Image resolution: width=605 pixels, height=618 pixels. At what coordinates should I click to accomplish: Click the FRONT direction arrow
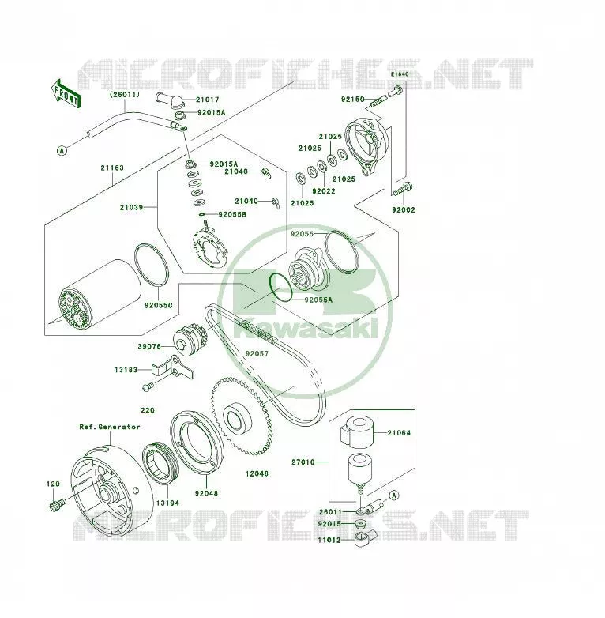(x=66, y=94)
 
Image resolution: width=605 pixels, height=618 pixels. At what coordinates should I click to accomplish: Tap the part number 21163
(x=112, y=168)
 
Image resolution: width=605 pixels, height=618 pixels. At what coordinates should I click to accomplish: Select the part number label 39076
(x=149, y=347)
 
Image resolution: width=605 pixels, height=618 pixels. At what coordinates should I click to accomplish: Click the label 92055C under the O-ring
(x=158, y=306)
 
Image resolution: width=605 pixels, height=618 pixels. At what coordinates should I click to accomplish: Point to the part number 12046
(x=257, y=473)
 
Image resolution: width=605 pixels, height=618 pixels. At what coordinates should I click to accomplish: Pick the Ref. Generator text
(x=110, y=427)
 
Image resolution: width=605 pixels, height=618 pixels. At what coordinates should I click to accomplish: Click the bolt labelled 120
(x=58, y=504)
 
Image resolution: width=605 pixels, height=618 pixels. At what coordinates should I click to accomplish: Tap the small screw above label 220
(x=148, y=386)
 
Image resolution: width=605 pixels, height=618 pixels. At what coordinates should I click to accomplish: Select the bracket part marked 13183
(x=172, y=367)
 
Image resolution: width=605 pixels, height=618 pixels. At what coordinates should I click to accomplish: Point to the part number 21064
(x=399, y=433)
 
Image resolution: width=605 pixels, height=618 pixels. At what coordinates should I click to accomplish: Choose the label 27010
(x=302, y=462)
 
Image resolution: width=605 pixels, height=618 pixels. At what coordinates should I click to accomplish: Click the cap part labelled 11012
(x=364, y=539)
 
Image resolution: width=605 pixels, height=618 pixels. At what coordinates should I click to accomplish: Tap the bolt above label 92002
(x=403, y=189)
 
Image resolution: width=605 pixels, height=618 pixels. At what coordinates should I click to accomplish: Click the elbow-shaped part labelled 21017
(x=171, y=101)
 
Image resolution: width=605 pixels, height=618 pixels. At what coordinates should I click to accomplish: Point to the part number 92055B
(x=232, y=215)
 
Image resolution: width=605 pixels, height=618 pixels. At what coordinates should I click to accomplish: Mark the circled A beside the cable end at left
(x=62, y=151)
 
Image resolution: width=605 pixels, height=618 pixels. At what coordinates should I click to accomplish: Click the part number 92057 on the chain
(x=257, y=354)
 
